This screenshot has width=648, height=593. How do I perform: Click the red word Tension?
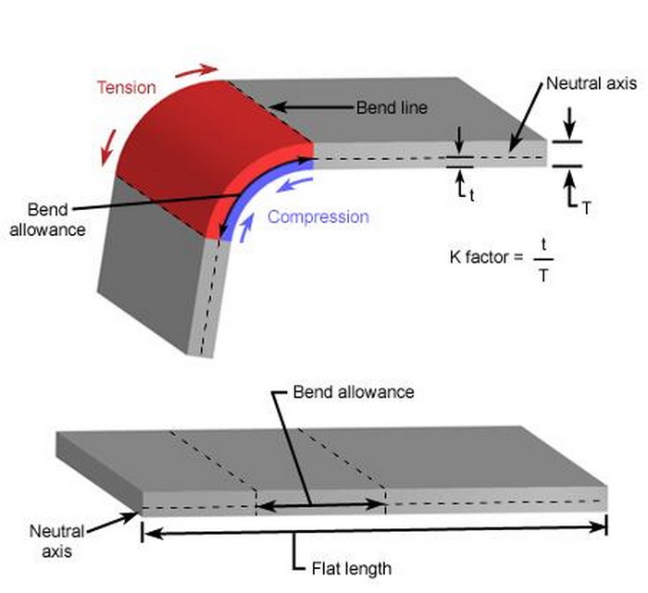126,87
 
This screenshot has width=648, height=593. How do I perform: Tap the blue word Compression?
318,217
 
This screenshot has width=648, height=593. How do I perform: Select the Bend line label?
392,108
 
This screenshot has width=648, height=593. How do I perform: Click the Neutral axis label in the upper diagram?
591,83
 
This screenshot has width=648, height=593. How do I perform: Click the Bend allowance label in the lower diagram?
353,391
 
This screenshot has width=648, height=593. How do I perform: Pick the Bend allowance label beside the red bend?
42,217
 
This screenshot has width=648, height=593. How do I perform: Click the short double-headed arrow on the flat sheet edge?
320,504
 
